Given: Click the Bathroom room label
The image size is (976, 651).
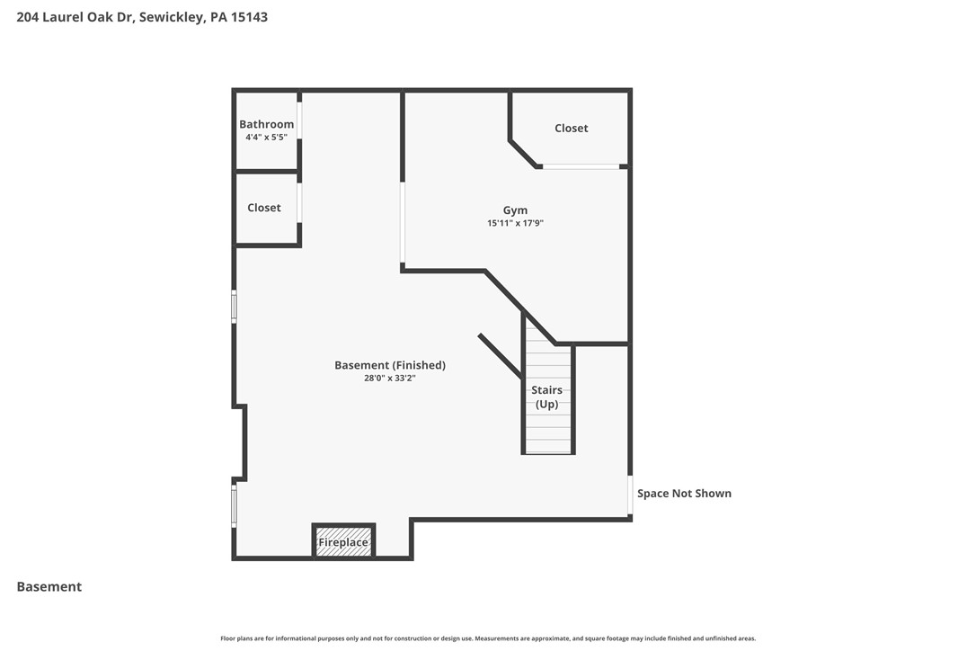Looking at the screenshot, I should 266,124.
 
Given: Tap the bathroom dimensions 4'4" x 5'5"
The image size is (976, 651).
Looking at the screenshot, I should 266,138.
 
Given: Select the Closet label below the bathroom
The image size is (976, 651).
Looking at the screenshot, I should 264,208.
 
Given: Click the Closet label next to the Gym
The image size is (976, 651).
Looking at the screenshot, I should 571,129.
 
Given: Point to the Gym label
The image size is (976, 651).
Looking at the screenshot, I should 515,210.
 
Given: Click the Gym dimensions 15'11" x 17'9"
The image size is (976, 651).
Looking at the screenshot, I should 515,223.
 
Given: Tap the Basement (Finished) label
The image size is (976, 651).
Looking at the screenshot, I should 390,365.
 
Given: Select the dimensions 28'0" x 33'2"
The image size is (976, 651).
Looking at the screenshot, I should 390,379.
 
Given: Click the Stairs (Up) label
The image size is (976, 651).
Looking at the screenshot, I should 546,397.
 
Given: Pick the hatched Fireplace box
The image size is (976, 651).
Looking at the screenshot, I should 343,542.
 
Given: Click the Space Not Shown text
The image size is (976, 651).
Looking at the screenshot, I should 684,494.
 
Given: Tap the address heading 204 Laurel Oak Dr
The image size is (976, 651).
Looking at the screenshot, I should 142,17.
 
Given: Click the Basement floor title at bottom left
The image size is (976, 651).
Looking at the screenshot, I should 49,587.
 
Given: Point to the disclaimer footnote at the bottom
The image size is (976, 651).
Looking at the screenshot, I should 488,638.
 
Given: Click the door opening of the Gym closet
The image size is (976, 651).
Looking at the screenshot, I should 580,166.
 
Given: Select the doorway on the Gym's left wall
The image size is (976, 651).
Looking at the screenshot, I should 403,223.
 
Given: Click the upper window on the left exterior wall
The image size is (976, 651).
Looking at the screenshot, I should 234,307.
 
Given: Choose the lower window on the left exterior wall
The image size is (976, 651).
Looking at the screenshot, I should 234,505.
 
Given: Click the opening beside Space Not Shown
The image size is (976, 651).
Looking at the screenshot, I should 629,495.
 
